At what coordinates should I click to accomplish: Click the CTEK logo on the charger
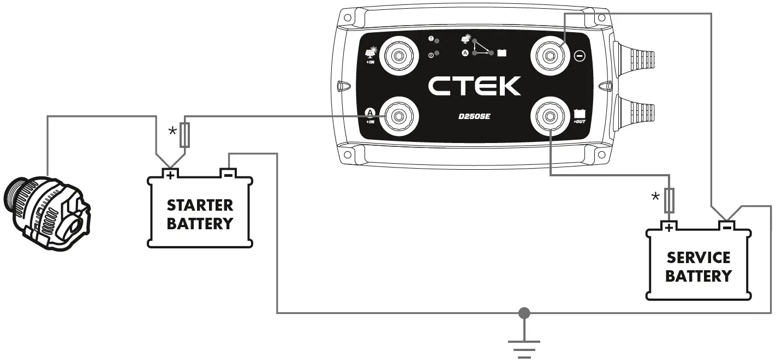click(474, 86)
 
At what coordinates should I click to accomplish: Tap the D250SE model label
click(474, 116)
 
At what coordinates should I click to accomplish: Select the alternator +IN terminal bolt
click(397, 116)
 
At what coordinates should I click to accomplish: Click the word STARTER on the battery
click(200, 205)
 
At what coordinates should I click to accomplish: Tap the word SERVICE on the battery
click(699, 258)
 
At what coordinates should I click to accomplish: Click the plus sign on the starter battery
click(170, 175)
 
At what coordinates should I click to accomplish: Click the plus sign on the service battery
click(668, 226)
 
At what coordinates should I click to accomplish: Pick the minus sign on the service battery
click(726, 225)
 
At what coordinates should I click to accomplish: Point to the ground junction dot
click(524, 313)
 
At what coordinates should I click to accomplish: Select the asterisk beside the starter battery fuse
click(172, 132)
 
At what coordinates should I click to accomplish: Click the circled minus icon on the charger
click(580, 56)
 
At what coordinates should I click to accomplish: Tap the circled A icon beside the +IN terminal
click(371, 113)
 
